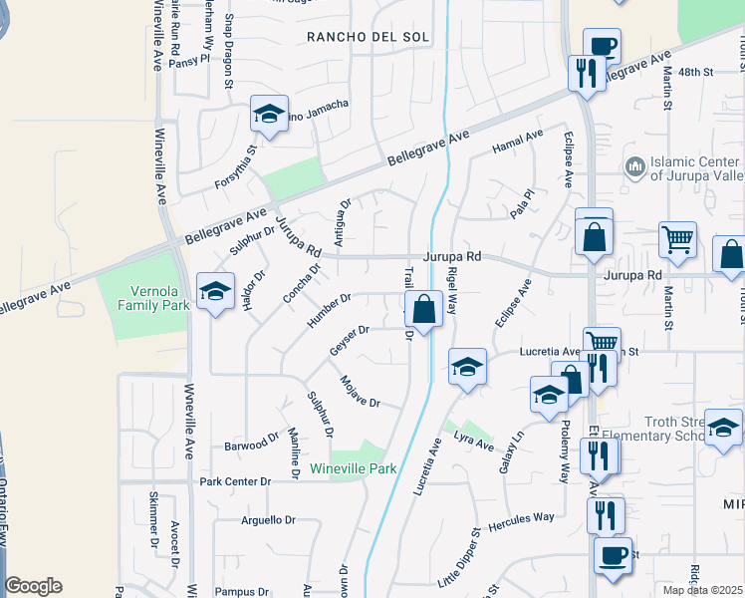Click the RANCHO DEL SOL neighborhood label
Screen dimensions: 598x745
369,37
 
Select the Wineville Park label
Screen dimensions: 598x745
353,468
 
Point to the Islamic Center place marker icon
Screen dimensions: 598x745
632,165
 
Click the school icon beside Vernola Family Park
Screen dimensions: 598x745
214,291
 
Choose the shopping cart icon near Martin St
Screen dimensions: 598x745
677,238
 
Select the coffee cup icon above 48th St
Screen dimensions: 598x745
602,45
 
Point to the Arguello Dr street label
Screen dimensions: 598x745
269,520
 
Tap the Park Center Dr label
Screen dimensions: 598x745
235,481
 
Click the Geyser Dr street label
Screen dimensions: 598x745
350,342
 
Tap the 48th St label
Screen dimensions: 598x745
697,73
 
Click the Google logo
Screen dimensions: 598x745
34,586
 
